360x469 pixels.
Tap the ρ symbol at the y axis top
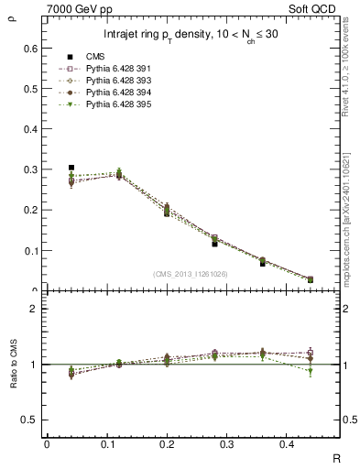(x=11, y=14)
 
